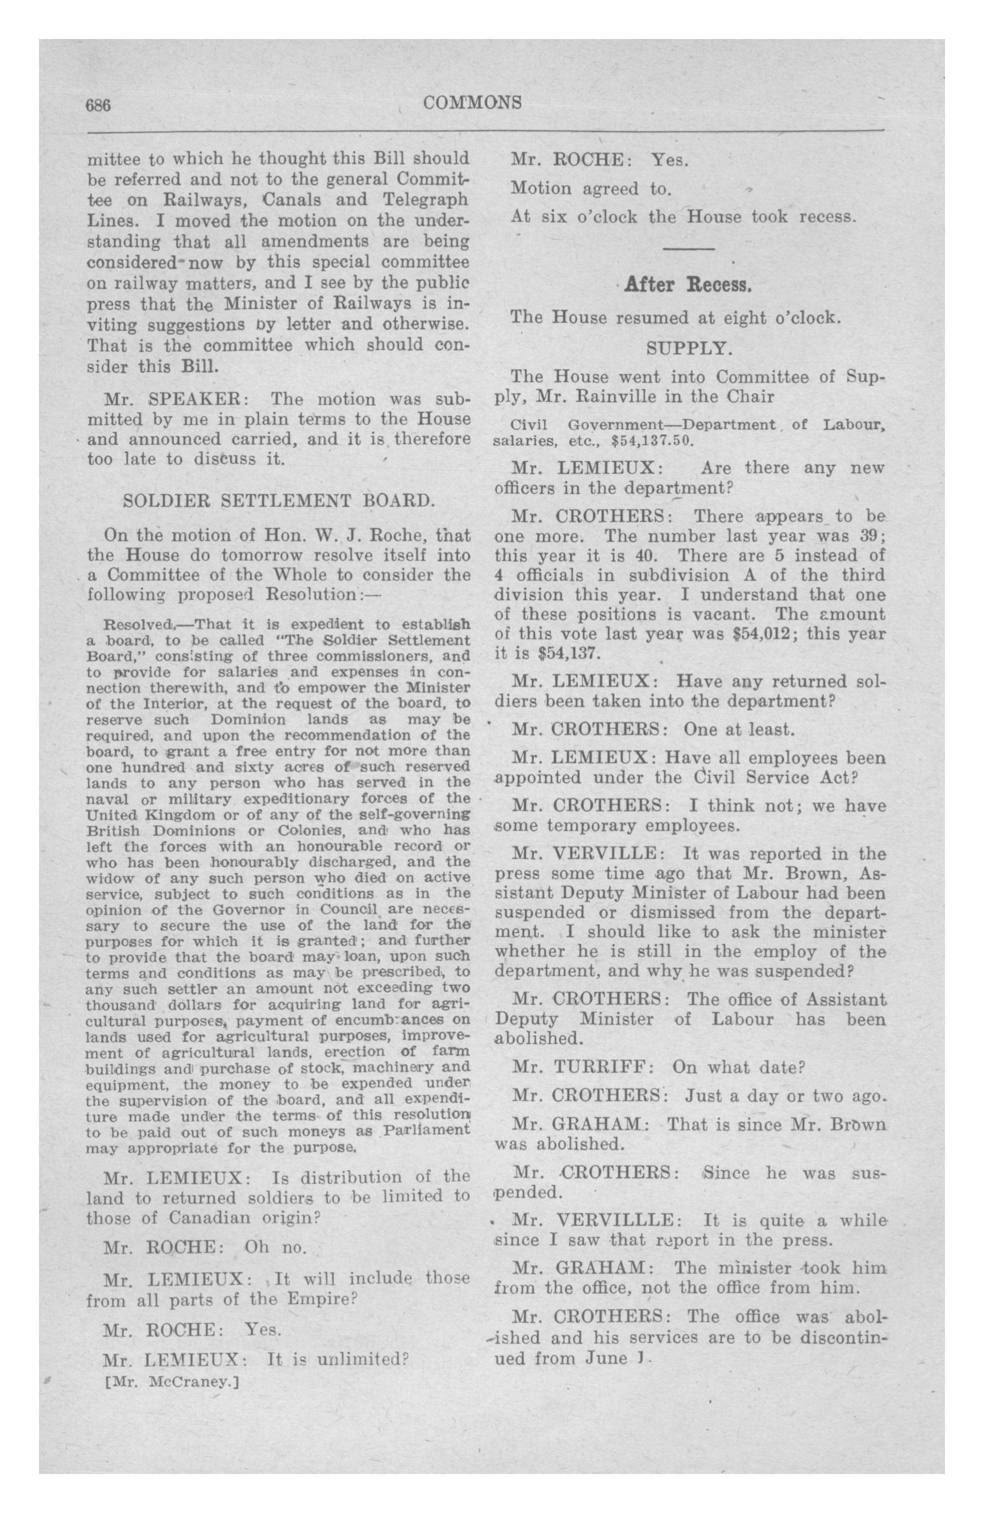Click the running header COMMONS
[472, 102]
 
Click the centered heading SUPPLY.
[687, 349]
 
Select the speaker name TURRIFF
[604, 1067]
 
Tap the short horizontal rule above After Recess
[688, 249]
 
